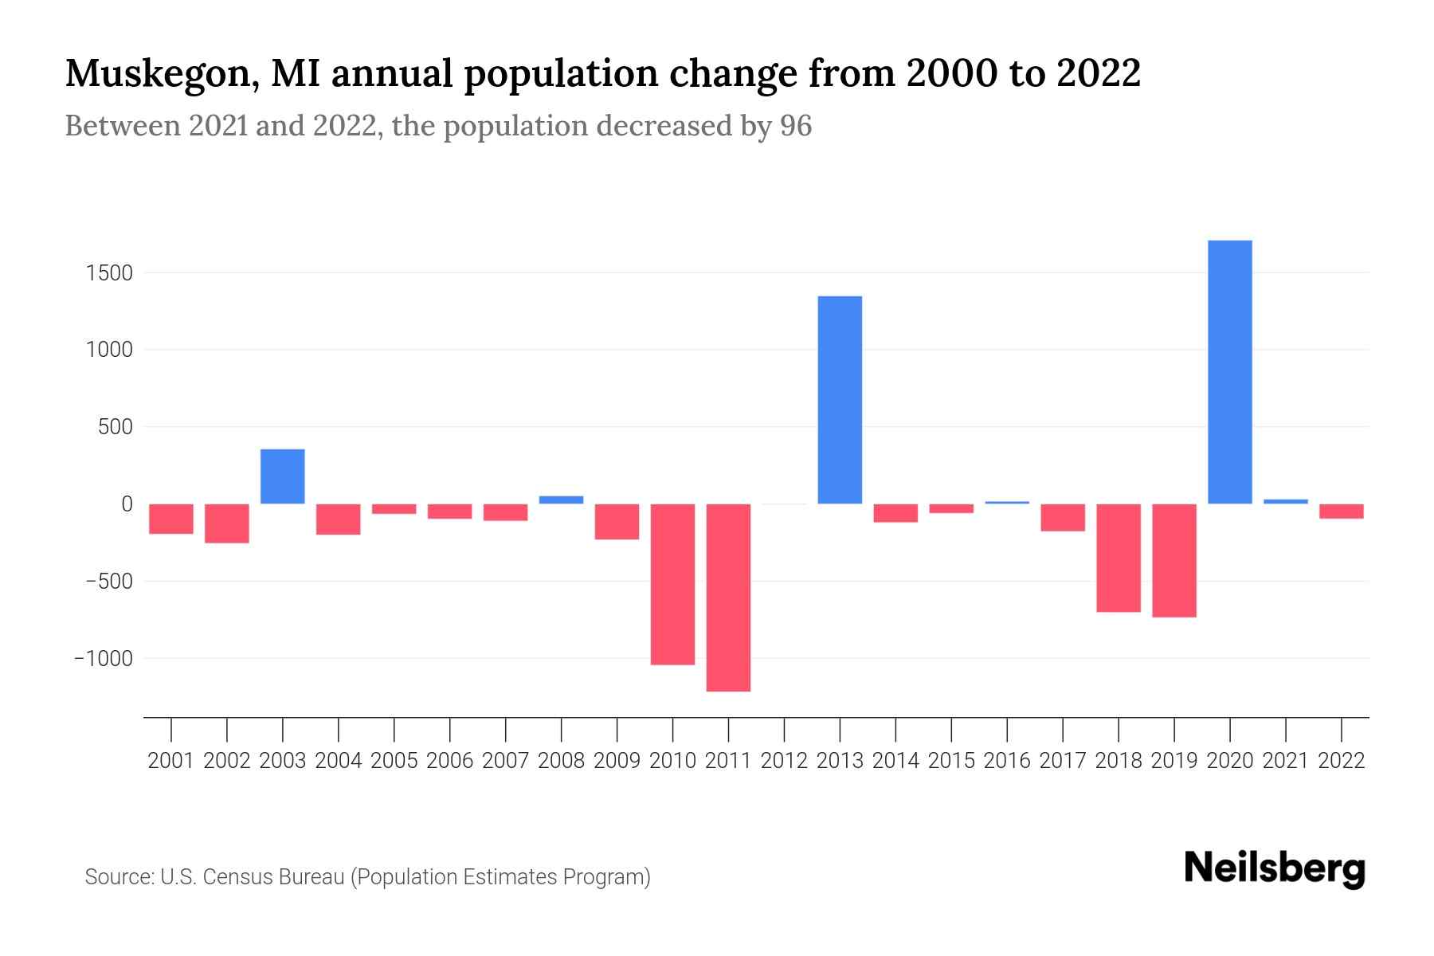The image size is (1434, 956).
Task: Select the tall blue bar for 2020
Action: coord(1229,372)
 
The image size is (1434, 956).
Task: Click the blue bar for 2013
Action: coord(840,400)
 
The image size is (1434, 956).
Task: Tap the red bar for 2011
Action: coord(728,597)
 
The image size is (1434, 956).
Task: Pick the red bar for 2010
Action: coord(672,584)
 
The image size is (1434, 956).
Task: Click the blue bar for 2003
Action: coord(282,476)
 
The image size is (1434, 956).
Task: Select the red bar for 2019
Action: coord(1173,560)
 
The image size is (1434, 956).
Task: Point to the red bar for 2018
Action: coord(1118,558)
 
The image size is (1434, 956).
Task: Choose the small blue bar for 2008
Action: coord(561,500)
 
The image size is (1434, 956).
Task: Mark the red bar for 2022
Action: coord(1341,511)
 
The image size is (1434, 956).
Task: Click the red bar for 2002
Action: coord(227,523)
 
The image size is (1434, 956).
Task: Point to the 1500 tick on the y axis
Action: coord(110,273)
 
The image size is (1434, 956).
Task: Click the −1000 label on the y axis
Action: coord(104,659)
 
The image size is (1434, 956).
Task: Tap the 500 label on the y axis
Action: coord(116,427)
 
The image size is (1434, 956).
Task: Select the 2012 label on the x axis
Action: coord(784,761)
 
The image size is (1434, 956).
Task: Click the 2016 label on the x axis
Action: coord(1007,761)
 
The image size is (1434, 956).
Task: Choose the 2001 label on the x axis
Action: coord(171,761)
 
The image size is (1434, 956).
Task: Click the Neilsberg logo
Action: coord(1275,868)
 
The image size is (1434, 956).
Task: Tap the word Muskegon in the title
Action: coord(155,74)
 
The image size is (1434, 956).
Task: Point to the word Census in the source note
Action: coord(236,877)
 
